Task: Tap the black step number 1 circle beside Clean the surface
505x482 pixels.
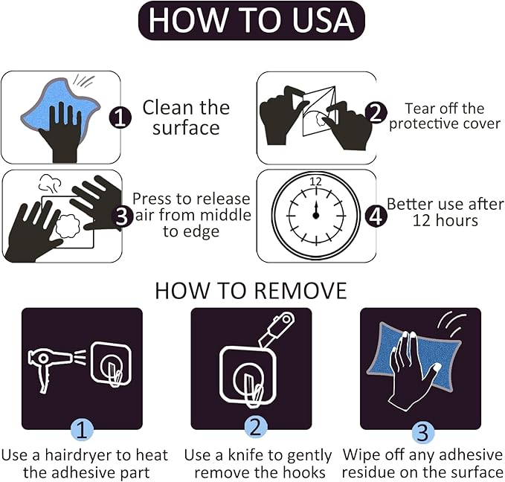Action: tap(120, 118)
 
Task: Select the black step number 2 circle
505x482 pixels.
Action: tap(376, 113)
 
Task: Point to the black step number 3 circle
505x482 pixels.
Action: tap(122, 216)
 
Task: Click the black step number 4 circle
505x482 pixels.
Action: tap(376, 216)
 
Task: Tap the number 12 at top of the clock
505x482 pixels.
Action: tap(315, 181)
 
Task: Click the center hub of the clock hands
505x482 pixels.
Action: tap(315, 215)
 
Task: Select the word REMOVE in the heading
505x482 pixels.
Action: tap(300, 291)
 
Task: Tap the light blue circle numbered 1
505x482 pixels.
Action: tap(82, 429)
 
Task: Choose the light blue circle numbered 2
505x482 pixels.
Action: tap(255, 428)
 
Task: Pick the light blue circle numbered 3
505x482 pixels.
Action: tap(422, 431)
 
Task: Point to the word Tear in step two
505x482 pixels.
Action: tap(416, 109)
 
